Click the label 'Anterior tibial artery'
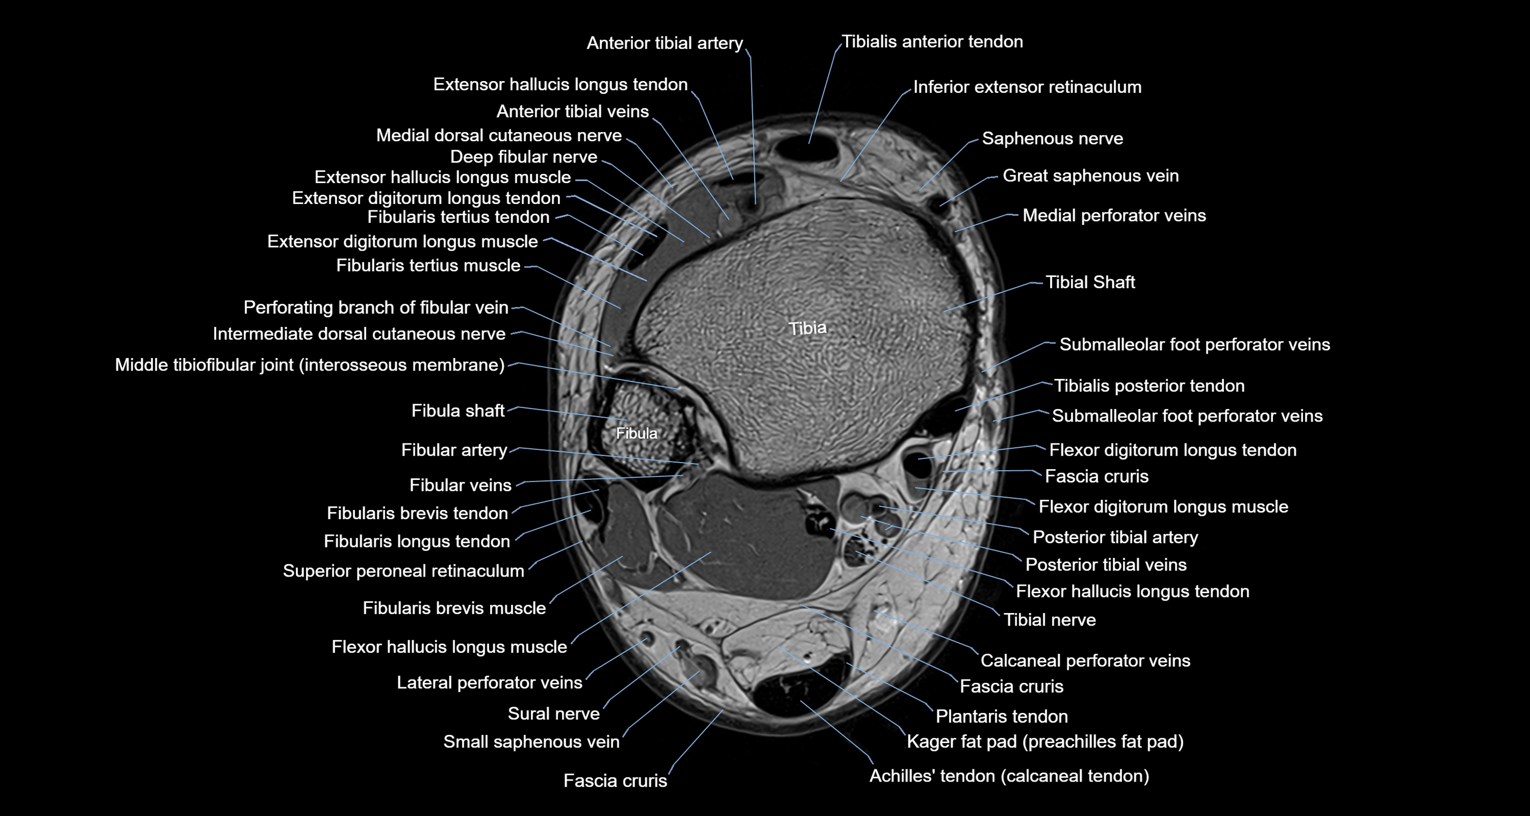click(665, 43)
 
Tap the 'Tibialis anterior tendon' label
click(932, 41)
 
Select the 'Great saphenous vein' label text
click(1090, 176)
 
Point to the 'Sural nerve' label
click(553, 713)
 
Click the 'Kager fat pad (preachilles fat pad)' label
click(1045, 742)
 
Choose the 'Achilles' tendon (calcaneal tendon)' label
click(1009, 776)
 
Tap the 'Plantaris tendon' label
click(1002, 717)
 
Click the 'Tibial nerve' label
click(1050, 620)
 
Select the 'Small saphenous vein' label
click(531, 742)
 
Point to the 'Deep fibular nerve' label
click(524, 157)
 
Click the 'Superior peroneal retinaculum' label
click(404, 571)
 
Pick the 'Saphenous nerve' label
click(1052, 139)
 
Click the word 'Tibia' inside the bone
click(807, 329)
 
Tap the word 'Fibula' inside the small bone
click(637, 434)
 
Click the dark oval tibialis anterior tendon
click(808, 148)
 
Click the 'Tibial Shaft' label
click(1090, 282)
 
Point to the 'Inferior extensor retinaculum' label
click(1028, 88)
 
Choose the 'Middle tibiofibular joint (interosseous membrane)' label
click(309, 365)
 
